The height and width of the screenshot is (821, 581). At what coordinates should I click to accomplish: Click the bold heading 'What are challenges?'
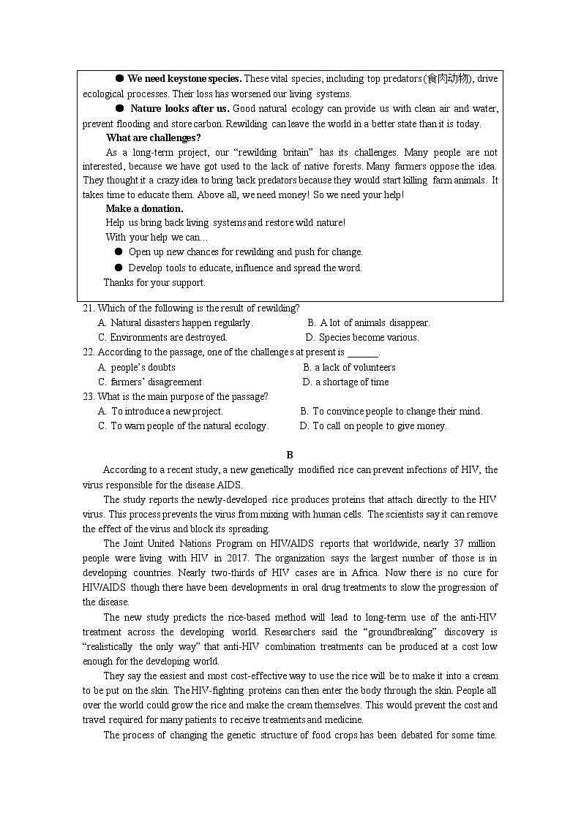[x=153, y=137]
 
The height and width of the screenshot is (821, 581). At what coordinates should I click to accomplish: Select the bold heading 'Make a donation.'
[x=144, y=208]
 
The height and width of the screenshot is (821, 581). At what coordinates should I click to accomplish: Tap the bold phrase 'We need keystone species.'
[x=184, y=79]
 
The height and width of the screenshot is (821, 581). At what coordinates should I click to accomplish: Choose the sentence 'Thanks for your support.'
[x=154, y=282]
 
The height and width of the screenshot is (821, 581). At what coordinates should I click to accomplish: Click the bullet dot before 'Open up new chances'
[x=119, y=251]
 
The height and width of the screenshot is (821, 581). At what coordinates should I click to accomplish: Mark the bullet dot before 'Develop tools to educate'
[x=119, y=268]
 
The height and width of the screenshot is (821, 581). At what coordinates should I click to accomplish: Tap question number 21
[x=88, y=308]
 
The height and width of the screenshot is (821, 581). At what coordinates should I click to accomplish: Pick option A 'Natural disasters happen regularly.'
[x=175, y=322]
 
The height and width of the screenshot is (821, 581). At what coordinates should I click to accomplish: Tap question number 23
[x=88, y=396]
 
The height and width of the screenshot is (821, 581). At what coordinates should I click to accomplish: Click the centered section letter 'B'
[x=290, y=455]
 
